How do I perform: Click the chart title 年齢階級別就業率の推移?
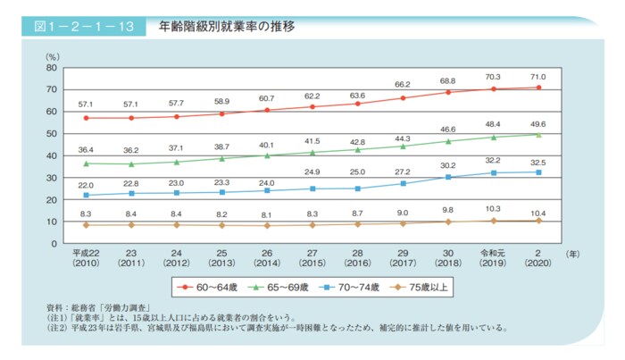pyautogui.click(x=227, y=27)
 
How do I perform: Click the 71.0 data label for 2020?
pyautogui.click(x=538, y=77)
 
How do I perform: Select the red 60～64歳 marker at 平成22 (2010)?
pyautogui.click(x=86, y=118)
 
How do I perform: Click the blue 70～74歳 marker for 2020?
pyautogui.click(x=538, y=172)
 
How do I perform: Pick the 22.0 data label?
pyautogui.click(x=86, y=184)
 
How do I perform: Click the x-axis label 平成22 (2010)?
pyautogui.click(x=86, y=258)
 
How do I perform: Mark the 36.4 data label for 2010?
pyautogui.click(x=86, y=150)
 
